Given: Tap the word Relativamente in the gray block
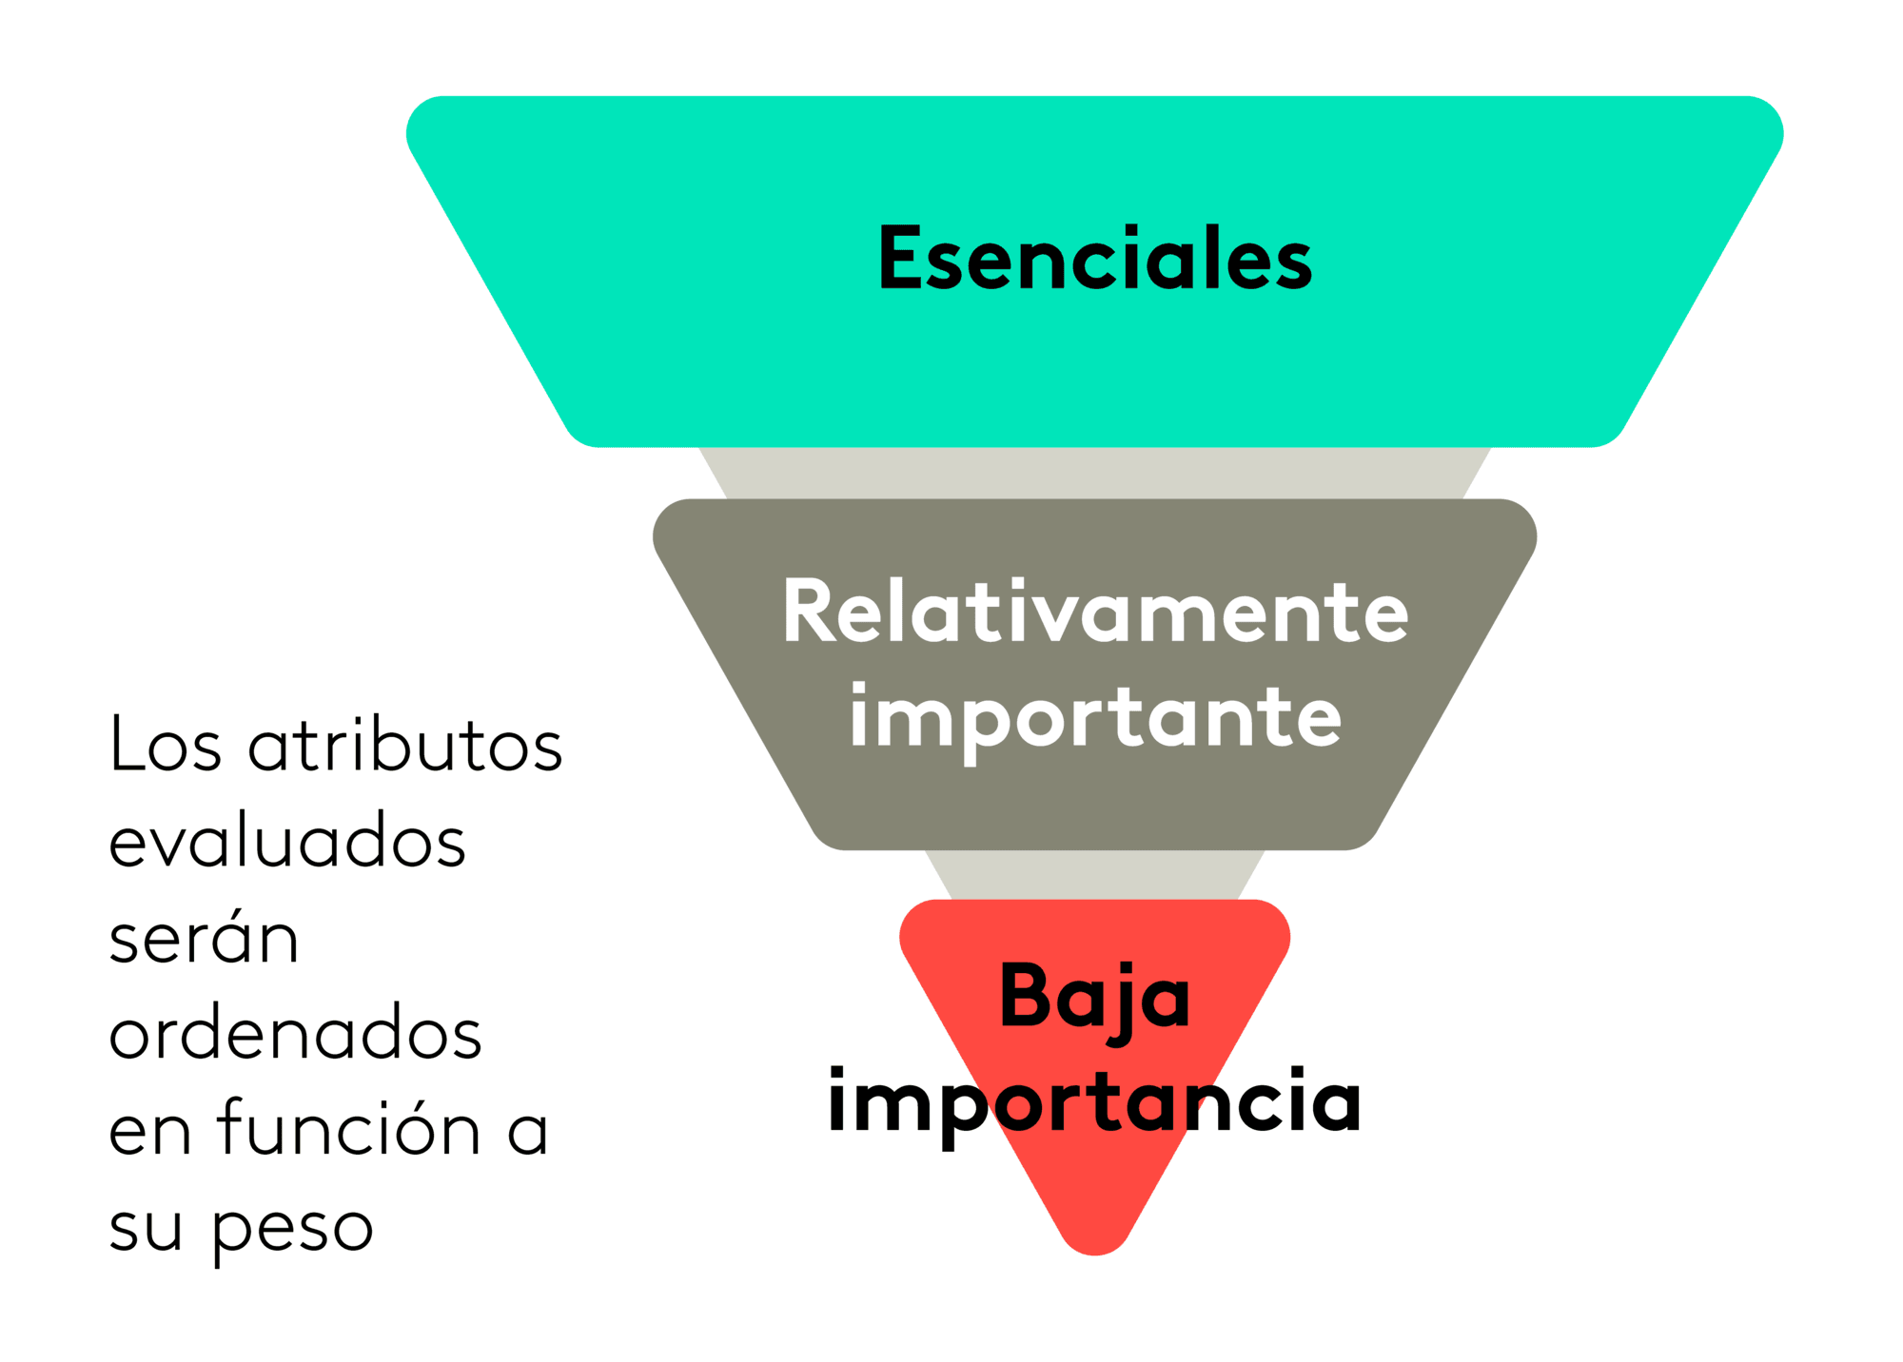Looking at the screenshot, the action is tap(1095, 612).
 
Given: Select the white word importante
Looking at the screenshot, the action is tap(1095, 720).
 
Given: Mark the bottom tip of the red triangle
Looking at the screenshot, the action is tap(1094, 1255).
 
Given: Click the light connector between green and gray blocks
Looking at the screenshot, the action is tap(1094, 473).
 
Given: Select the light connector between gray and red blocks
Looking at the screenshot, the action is tap(1094, 875).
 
